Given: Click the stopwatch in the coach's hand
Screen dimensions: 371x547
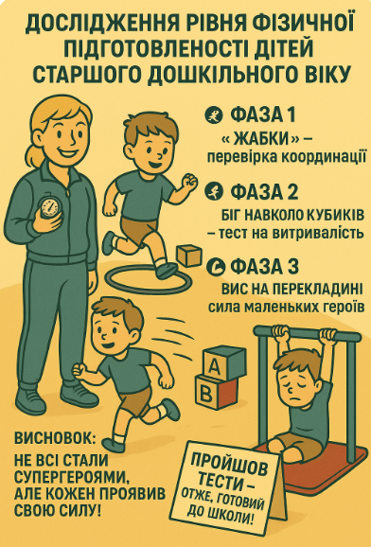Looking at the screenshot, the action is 49,207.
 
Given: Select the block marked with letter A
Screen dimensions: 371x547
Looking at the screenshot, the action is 224,363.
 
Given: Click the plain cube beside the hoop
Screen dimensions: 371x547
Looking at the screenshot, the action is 189,256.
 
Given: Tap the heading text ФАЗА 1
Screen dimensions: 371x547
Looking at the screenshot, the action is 262,115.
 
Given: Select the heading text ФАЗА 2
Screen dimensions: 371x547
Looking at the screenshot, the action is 264,191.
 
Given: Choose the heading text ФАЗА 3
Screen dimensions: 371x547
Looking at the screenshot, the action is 264,266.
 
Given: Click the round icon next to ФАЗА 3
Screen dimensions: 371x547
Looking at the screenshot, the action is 215,267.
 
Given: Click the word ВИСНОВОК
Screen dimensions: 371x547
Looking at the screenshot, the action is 55,438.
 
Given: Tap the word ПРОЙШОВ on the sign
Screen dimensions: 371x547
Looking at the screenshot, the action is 229,464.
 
